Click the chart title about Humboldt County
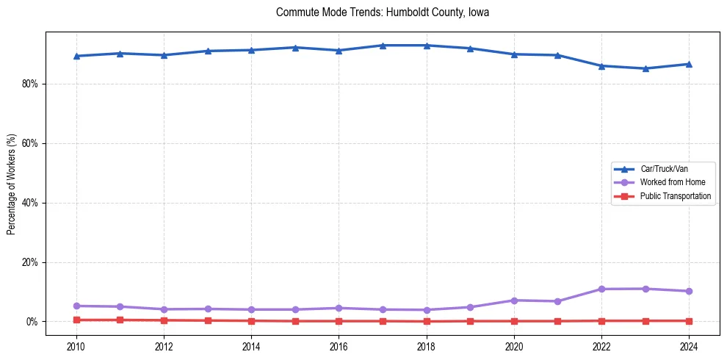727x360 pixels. pyautogui.click(x=382, y=12)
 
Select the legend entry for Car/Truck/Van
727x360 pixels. pyautogui.click(x=664, y=169)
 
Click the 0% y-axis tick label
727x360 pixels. pyautogui.click(x=32, y=322)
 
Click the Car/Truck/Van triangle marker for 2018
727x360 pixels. pyautogui.click(x=427, y=46)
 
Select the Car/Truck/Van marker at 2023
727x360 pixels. pyautogui.click(x=645, y=68)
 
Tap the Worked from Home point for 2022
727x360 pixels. pyautogui.click(x=601, y=289)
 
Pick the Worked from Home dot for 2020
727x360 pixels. pyautogui.click(x=514, y=300)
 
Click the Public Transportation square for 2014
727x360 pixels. pyautogui.click(x=251, y=320)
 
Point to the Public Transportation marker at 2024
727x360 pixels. pyautogui.click(x=689, y=320)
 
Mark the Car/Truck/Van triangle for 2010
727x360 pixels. pyautogui.click(x=76, y=56)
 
